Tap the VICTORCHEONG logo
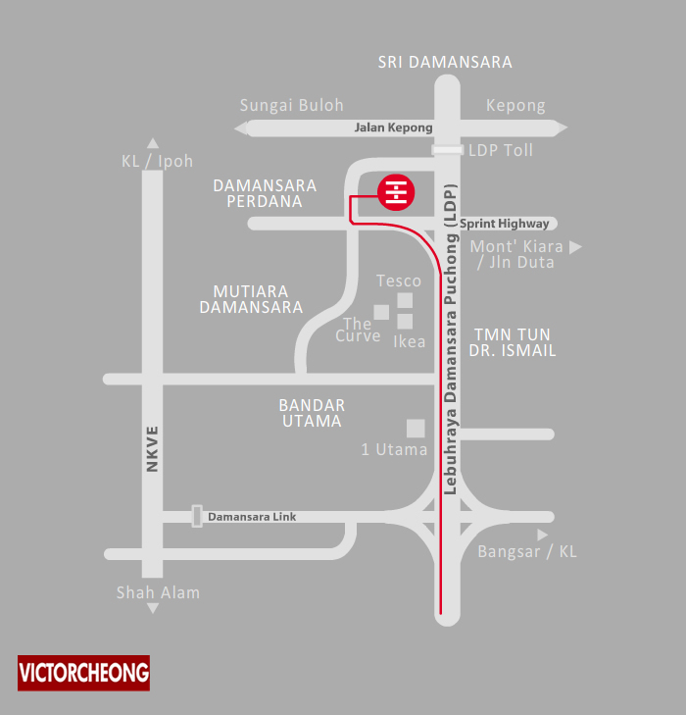click(84, 673)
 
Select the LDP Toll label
click(501, 151)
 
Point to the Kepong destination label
click(515, 105)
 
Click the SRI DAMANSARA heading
click(446, 62)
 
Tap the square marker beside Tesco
click(405, 300)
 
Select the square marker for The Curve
click(381, 312)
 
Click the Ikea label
click(410, 341)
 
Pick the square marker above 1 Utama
click(416, 428)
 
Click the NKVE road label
click(152, 450)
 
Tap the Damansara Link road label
click(252, 516)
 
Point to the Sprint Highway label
click(505, 224)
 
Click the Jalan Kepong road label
click(392, 128)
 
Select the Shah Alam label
click(158, 591)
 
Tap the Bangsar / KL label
click(527, 551)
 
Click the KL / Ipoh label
click(158, 161)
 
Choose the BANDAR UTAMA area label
click(311, 413)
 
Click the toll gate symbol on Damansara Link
click(197, 516)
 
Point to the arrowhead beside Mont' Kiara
click(576, 247)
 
